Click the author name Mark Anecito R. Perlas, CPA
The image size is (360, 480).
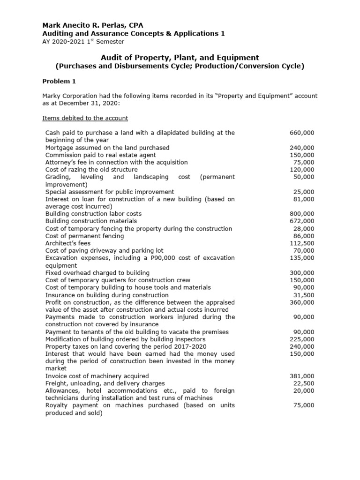(x=93, y=25)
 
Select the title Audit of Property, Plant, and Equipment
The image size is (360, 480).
(x=180, y=57)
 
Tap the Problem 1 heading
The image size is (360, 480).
(x=60, y=81)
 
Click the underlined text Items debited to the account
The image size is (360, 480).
(x=85, y=118)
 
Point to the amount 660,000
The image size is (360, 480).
(x=302, y=133)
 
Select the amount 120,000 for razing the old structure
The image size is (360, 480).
(x=302, y=169)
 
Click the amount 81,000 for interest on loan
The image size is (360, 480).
(x=304, y=199)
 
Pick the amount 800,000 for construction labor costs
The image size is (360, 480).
(x=302, y=214)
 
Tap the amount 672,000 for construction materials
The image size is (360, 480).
(x=302, y=221)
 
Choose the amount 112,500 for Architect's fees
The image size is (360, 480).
(x=302, y=243)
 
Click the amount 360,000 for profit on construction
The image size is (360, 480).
(x=302, y=302)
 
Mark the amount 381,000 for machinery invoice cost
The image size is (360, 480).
(x=302, y=376)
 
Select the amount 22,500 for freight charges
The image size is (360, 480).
(x=304, y=383)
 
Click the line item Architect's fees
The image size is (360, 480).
(x=68, y=243)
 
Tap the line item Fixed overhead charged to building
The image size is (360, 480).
(x=97, y=273)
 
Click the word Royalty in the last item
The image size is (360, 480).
(x=57, y=405)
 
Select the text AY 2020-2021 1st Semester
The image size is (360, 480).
(x=83, y=41)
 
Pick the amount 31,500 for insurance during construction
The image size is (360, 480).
(x=304, y=295)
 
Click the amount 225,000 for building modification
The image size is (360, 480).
(x=302, y=339)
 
